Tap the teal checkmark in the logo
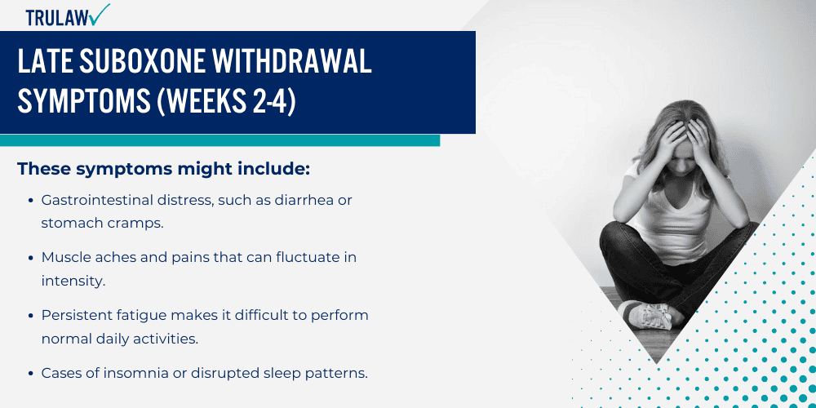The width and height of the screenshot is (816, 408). (x=100, y=14)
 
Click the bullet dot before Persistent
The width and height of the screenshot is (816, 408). (x=31, y=316)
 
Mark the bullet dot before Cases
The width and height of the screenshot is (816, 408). (x=31, y=374)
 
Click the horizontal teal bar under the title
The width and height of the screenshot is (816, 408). (x=220, y=140)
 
